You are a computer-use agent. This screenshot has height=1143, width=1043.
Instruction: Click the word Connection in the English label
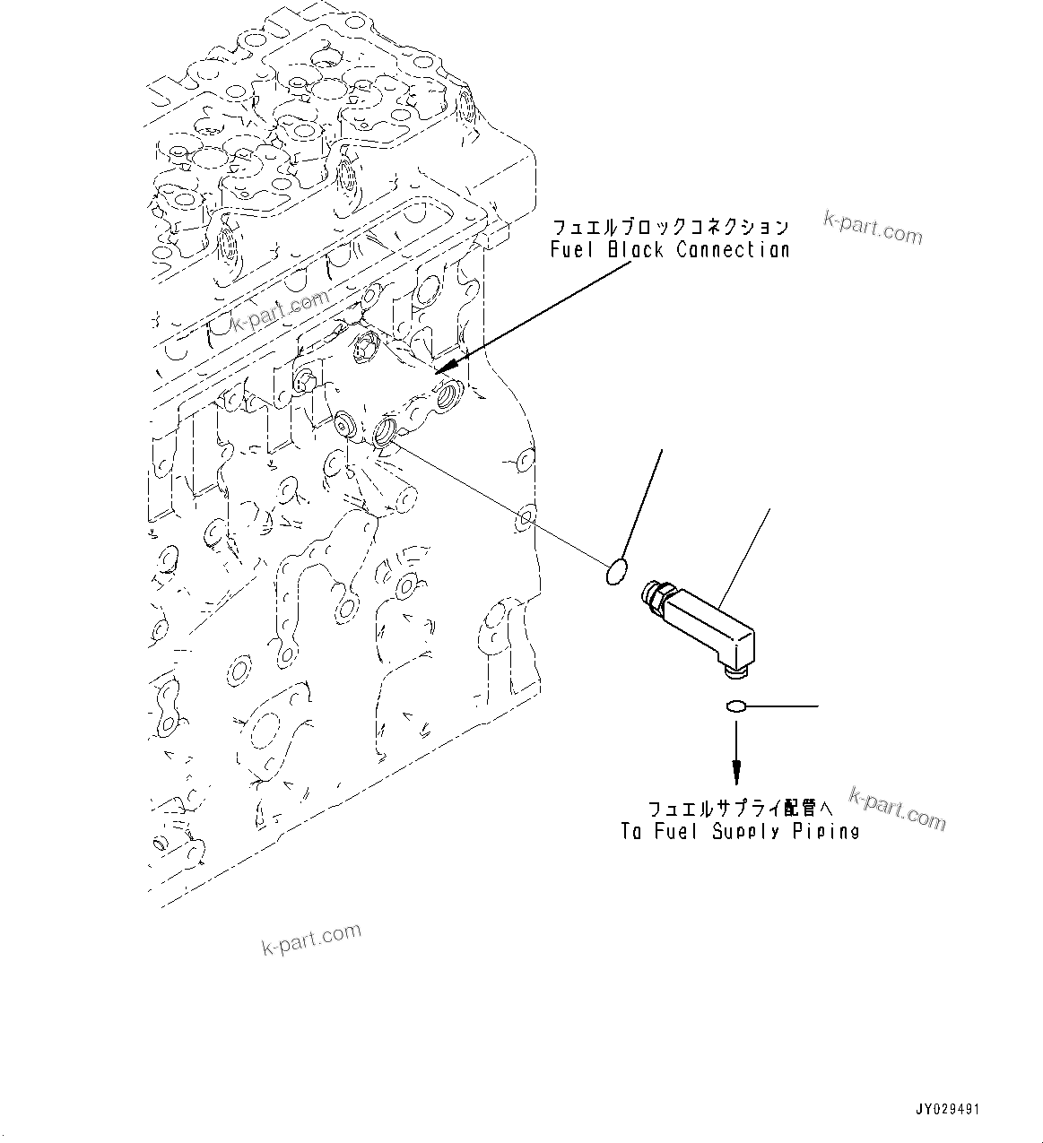[x=733, y=250]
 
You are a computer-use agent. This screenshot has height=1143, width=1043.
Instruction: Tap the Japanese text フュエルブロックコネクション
[x=670, y=227]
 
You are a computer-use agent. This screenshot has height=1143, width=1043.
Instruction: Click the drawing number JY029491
[x=948, y=1110]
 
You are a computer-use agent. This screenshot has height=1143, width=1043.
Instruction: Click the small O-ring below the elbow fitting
[x=734, y=707]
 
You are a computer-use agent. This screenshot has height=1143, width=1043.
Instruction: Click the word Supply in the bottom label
[x=747, y=832]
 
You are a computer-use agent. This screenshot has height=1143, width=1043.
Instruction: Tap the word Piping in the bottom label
[x=826, y=832]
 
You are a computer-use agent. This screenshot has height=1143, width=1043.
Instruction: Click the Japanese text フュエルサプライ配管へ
[x=734, y=808]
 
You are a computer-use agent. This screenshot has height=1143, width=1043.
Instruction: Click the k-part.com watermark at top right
[x=873, y=228]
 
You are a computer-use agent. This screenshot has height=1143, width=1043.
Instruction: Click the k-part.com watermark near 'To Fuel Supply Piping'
[x=897, y=810]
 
